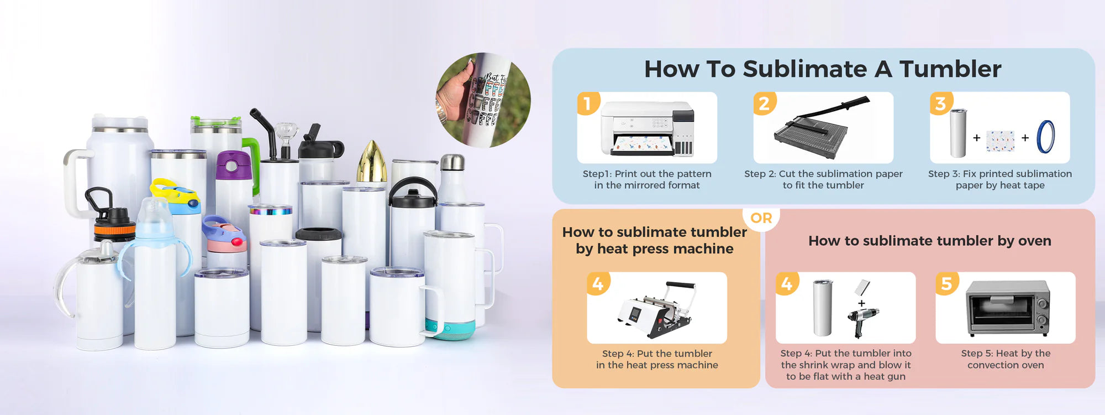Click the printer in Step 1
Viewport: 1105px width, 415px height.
click(647, 128)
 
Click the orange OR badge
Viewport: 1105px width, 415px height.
click(761, 218)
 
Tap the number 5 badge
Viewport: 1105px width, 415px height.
click(947, 283)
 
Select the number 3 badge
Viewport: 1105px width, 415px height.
click(941, 103)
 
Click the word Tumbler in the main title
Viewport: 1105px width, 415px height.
click(950, 69)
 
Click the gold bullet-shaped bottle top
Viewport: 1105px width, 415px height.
click(371, 161)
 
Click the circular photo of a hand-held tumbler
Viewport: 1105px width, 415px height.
click(483, 100)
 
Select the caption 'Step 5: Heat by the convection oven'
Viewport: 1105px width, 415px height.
click(1006, 359)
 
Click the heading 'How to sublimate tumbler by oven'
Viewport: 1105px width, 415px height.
click(930, 241)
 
